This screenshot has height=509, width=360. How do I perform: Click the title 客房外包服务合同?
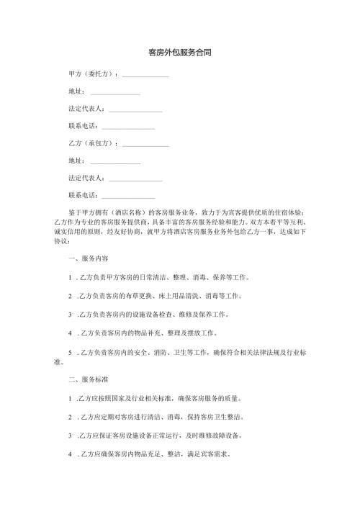(x=179, y=53)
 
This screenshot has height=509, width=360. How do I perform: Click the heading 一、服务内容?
(x=88, y=258)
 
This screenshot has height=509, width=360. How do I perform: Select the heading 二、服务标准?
(x=88, y=378)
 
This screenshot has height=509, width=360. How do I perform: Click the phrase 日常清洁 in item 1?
(x=147, y=277)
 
